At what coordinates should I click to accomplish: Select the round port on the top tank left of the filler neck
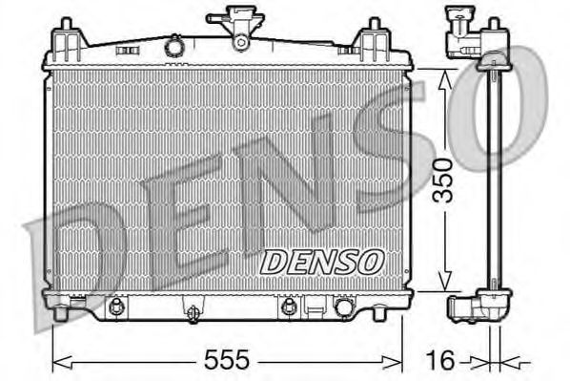[173, 45]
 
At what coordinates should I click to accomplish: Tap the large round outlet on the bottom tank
[342, 307]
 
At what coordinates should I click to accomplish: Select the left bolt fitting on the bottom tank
[116, 307]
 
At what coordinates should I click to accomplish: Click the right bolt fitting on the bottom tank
[287, 307]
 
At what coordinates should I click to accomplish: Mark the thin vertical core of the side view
[494, 181]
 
